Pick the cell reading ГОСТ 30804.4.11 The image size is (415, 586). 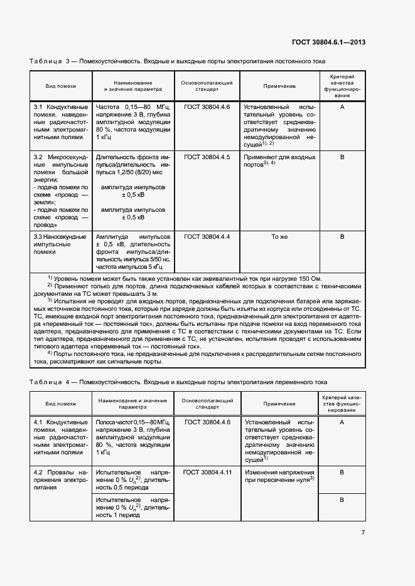coord(207,471)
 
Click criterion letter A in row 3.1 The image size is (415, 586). coord(342,107)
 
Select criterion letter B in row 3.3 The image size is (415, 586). coord(342,237)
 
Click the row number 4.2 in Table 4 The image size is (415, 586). coord(38,471)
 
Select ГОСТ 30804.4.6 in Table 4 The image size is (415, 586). coord(207,423)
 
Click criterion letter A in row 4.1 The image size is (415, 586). coord(342,423)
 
